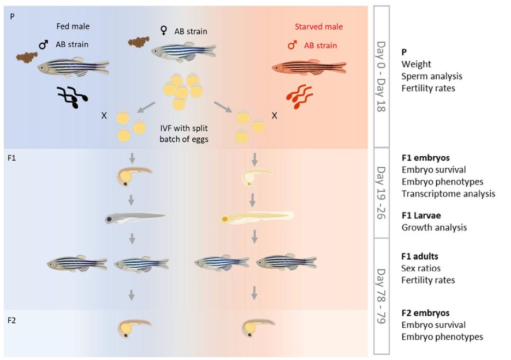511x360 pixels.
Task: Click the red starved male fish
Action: click(x=309, y=67)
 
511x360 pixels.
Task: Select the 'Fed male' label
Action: click(x=73, y=26)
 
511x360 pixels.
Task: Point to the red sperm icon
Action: click(x=299, y=97)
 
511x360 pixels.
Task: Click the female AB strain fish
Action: click(x=183, y=51)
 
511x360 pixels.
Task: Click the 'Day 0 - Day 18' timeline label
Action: click(x=381, y=76)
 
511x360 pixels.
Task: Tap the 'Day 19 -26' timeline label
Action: click(x=381, y=192)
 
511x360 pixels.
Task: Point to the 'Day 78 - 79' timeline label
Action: click(x=381, y=296)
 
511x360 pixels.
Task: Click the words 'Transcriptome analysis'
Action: click(x=448, y=193)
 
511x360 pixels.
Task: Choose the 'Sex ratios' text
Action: click(x=421, y=268)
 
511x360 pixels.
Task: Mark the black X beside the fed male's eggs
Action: click(x=104, y=116)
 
